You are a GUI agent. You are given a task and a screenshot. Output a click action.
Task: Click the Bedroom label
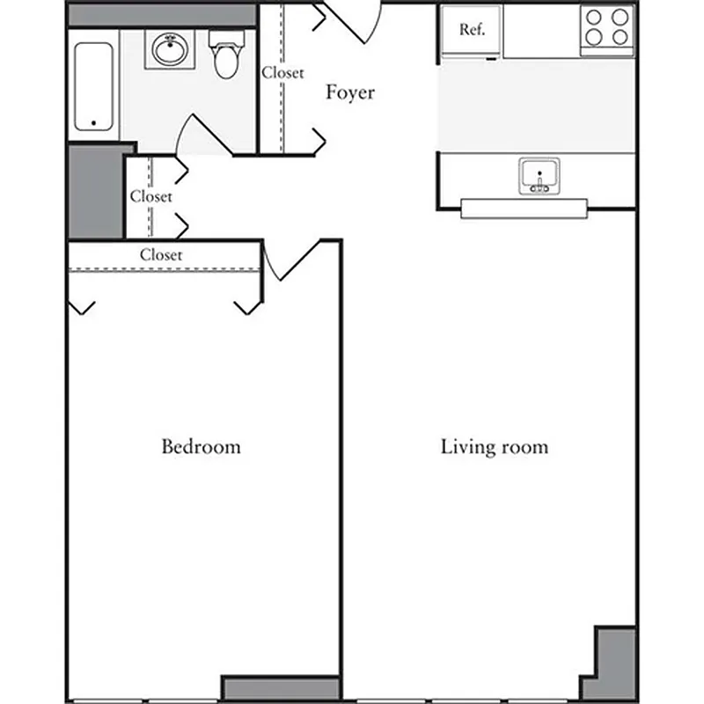pos(201,446)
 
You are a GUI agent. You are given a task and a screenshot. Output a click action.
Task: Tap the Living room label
pos(494,446)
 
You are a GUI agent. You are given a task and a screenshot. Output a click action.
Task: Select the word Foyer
pos(350,92)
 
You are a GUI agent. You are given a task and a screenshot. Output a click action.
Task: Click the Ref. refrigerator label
pos(472,30)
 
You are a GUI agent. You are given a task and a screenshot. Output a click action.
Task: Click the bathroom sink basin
pos(168,50)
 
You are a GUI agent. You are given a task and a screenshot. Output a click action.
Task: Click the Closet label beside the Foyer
pos(282,73)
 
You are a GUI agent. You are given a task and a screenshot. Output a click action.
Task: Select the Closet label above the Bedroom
pos(161,254)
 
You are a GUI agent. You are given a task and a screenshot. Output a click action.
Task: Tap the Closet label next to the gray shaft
pos(150,196)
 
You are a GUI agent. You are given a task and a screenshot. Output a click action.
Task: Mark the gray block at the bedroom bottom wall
pos(280,688)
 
